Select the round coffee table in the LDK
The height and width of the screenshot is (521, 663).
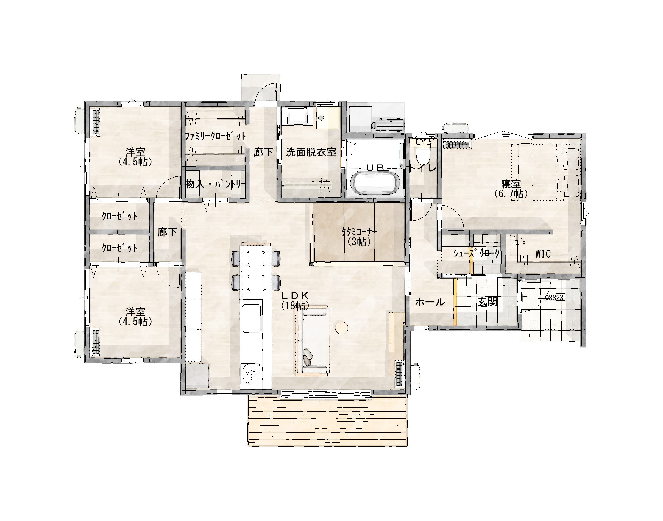click(x=341, y=328)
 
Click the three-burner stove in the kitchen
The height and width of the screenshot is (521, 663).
click(x=251, y=374)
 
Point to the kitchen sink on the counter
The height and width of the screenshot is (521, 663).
click(x=252, y=318)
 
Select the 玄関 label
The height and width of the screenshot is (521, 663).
click(x=487, y=302)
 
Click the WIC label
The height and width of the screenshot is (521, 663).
click(x=543, y=254)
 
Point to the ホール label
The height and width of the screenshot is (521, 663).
click(x=430, y=302)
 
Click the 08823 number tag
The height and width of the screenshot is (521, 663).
click(x=554, y=298)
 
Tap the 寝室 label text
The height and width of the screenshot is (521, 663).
click(x=511, y=184)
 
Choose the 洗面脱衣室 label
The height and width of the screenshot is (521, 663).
click(x=311, y=152)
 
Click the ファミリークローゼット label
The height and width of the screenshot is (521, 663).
click(x=215, y=136)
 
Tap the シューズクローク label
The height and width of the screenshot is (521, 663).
click(x=476, y=254)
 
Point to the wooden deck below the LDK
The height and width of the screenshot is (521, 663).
click(x=327, y=421)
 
